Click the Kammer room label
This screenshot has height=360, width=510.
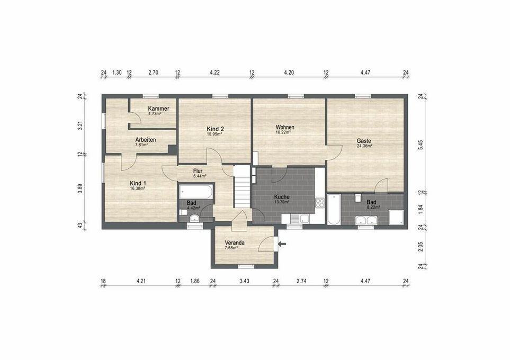(x=159, y=109)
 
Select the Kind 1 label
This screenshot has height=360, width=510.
(x=138, y=183)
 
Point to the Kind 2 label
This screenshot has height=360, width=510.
(x=215, y=129)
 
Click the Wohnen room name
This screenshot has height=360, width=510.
(x=285, y=128)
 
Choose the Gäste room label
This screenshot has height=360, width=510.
(x=364, y=141)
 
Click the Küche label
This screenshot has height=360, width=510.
(x=282, y=197)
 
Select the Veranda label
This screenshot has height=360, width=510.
(x=234, y=243)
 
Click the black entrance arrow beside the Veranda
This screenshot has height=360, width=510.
(x=282, y=244)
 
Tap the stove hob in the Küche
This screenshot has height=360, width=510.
(x=319, y=203)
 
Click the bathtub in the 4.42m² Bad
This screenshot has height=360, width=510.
(x=195, y=191)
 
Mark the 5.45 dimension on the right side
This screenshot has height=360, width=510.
(x=421, y=146)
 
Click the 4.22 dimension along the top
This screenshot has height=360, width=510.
(x=214, y=73)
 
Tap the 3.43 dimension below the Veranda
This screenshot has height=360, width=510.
(x=244, y=281)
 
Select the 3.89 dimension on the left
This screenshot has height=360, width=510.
(x=80, y=189)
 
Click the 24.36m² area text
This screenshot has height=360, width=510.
(x=364, y=146)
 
